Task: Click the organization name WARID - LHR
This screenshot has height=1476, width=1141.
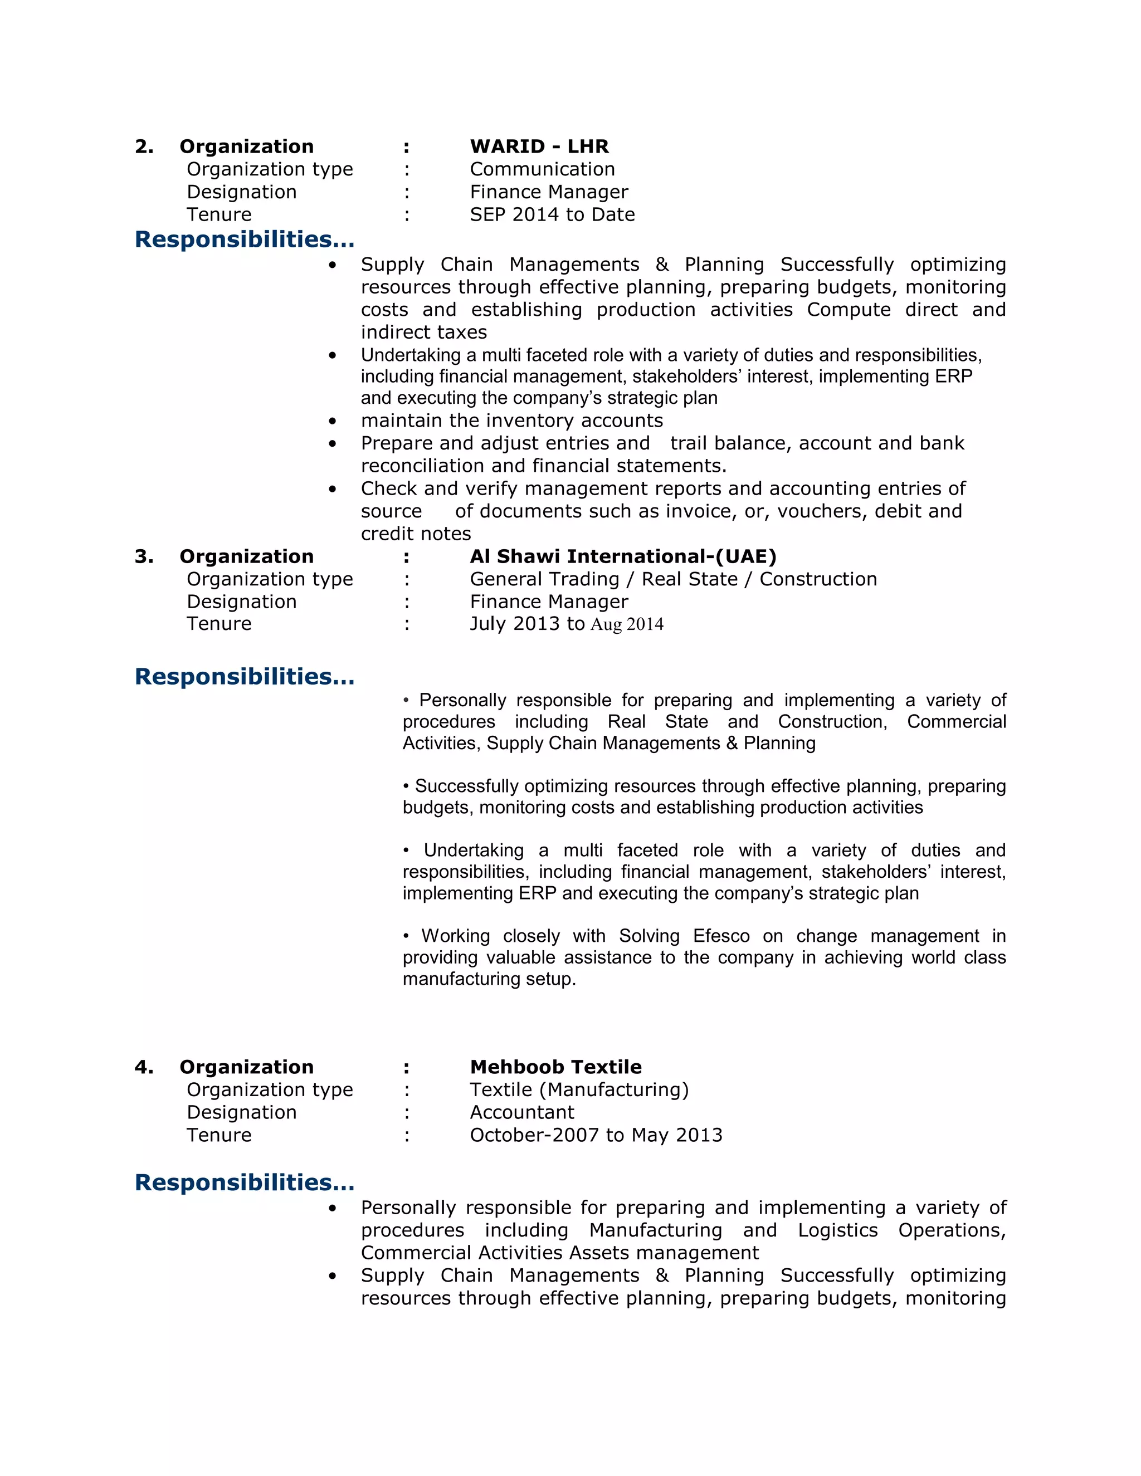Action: [x=539, y=146]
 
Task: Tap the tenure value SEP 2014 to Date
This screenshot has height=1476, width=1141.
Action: [x=552, y=214]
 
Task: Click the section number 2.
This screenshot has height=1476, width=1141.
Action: [x=144, y=146]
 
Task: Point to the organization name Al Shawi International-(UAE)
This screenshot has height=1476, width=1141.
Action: [x=622, y=556]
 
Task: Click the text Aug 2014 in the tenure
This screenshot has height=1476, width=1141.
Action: [x=627, y=624]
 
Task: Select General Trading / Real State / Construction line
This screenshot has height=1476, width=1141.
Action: [x=672, y=579]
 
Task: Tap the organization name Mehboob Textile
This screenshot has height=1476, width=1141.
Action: [x=555, y=1067]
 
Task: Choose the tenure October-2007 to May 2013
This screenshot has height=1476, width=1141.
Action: [x=596, y=1135]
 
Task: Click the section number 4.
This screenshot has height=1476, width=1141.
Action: [x=144, y=1067]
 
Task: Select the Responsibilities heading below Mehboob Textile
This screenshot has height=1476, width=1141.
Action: [x=244, y=1182]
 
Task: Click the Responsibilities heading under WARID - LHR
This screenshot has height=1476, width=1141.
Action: [x=244, y=240]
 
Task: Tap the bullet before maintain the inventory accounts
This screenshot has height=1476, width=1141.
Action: [x=332, y=421]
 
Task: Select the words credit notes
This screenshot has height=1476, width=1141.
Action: [x=415, y=534]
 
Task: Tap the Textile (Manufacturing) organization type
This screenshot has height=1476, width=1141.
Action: [x=579, y=1089]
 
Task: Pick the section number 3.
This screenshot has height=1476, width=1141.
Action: [x=144, y=556]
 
